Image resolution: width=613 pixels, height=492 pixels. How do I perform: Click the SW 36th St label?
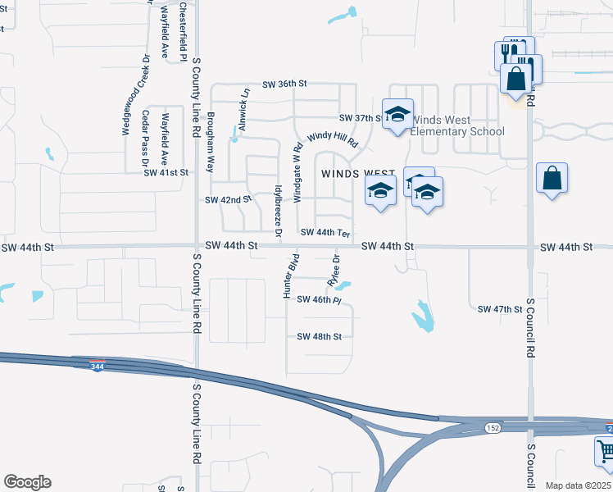tap(284, 84)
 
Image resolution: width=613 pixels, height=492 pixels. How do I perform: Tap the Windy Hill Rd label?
tap(333, 139)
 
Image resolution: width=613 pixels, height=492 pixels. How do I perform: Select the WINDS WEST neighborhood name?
tap(358, 174)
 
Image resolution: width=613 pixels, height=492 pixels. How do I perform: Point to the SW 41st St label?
tap(166, 173)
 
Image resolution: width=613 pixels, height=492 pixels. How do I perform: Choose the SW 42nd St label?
tap(228, 200)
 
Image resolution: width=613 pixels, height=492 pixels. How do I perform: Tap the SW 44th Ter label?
tap(325, 233)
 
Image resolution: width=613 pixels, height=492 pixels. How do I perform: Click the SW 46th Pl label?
tap(318, 300)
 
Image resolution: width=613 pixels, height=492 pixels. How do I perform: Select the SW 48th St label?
tap(319, 336)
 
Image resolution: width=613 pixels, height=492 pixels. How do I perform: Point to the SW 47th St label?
tap(500, 309)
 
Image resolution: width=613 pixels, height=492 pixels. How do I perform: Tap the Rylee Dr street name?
tap(334, 270)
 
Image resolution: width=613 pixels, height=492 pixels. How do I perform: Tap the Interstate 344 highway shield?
tap(98, 365)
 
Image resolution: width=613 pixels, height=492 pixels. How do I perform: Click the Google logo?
tap(27, 482)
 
